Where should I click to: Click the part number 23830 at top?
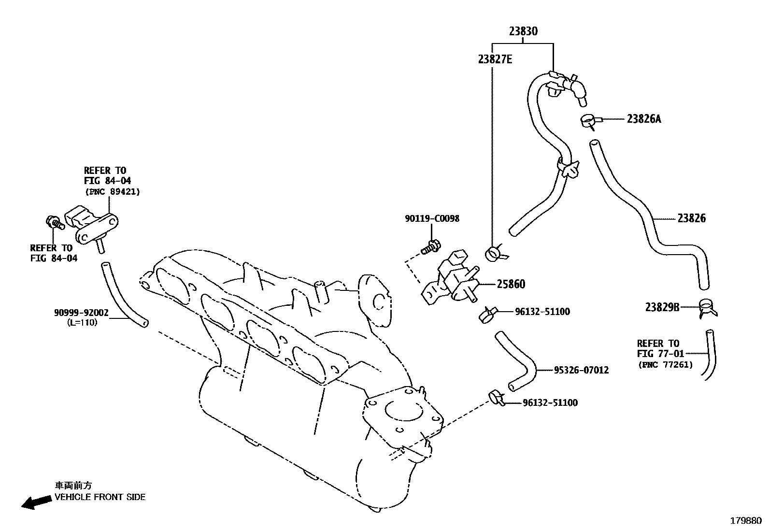tap(523, 31)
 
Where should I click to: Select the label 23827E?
tap(495, 59)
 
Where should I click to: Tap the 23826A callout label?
tap(643, 119)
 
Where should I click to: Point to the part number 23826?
tap(691, 218)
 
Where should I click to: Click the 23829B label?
tap(662, 307)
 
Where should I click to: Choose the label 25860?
tap(511, 284)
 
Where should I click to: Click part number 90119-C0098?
tap(432, 218)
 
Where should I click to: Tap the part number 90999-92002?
tap(81, 313)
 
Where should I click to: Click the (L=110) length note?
tap(82, 322)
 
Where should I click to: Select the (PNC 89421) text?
tap(113, 192)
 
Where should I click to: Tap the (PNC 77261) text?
tap(665, 364)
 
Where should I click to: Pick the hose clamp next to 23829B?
tap(707, 307)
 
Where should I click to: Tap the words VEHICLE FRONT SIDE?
tap(100, 497)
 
